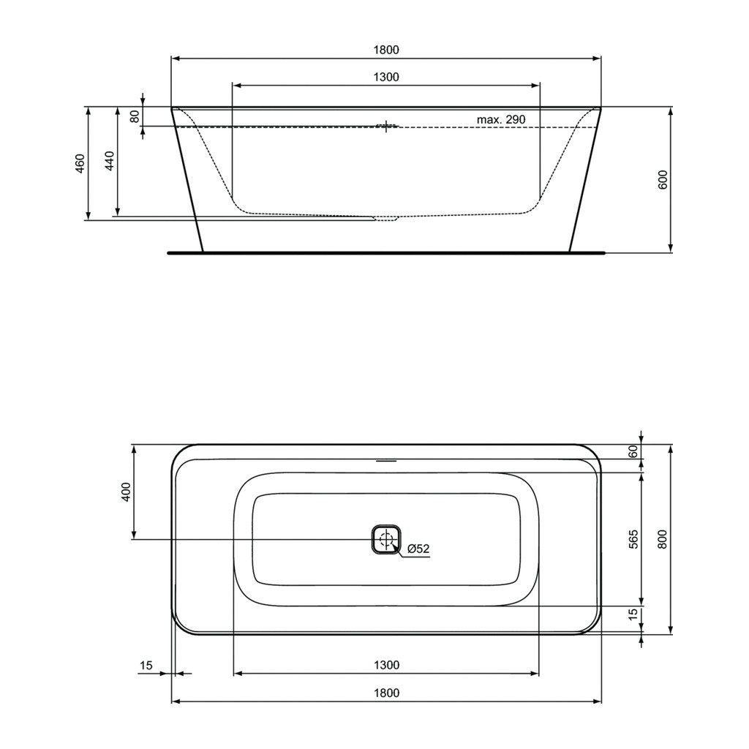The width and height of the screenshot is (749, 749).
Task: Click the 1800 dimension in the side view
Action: pos(386,50)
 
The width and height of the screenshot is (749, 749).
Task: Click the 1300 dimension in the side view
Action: pos(386,77)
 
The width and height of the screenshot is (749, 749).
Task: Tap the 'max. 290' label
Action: pos(500,119)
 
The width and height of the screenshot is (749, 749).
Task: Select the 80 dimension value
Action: pos(135,116)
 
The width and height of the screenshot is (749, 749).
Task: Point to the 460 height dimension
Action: pos(80,163)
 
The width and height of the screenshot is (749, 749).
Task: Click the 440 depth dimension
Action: pos(110,161)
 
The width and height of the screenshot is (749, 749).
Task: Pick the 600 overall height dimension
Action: pos(663,180)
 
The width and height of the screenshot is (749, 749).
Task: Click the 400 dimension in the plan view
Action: pos(126,492)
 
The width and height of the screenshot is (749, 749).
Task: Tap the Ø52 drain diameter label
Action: pos(418,549)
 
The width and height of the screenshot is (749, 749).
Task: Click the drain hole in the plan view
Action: pos(386,540)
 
